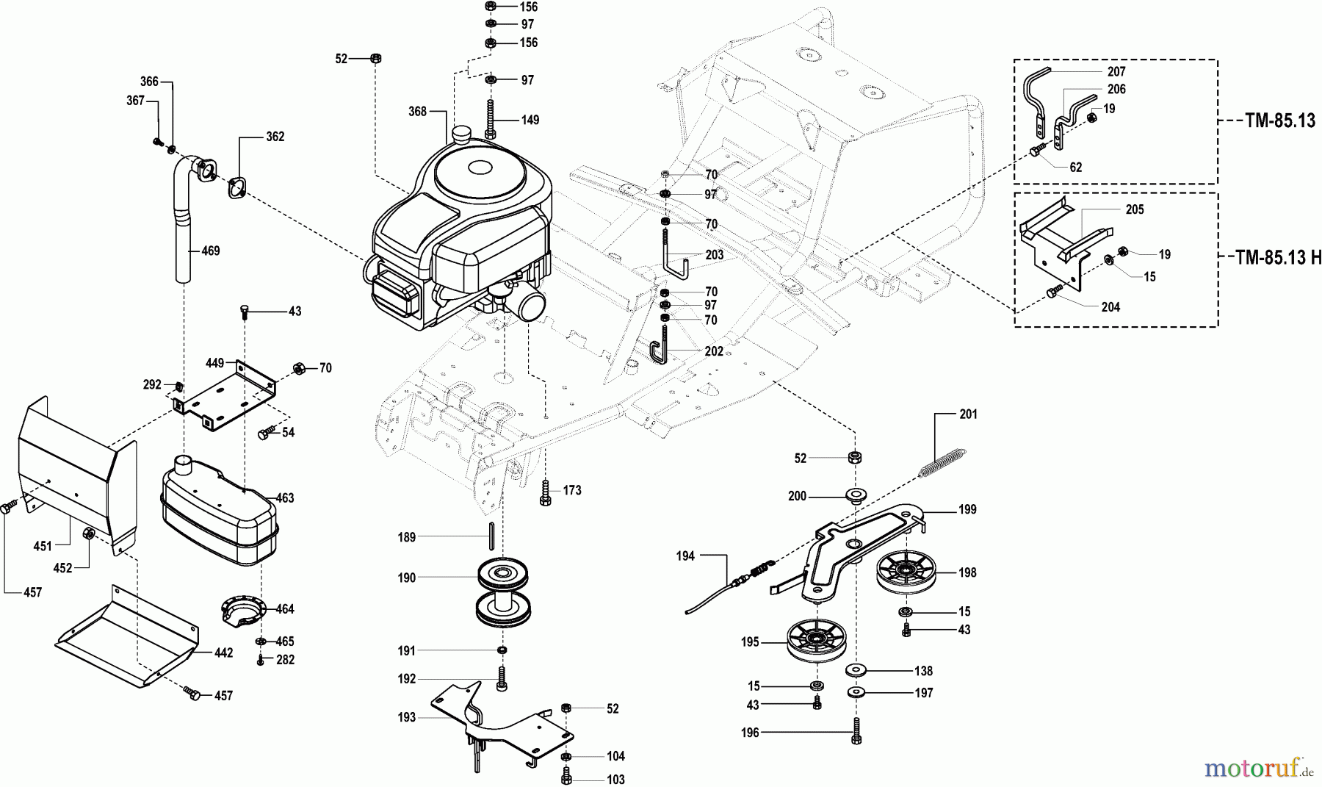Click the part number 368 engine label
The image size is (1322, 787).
pyautogui.click(x=417, y=112)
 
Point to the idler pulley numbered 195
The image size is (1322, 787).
pyautogui.click(x=814, y=640)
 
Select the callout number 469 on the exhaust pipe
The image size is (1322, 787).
pyautogui.click(x=211, y=251)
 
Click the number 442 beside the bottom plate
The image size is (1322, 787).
pyautogui.click(x=223, y=653)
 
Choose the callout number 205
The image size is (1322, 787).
pyautogui.click(x=1134, y=209)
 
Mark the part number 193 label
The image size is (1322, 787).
pyautogui.click(x=406, y=717)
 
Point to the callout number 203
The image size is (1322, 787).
pyautogui.click(x=714, y=255)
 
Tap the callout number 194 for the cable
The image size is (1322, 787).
pyautogui.click(x=685, y=556)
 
